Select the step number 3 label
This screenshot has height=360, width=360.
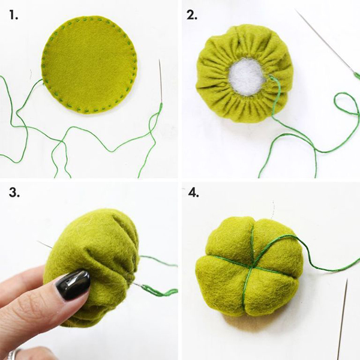13,194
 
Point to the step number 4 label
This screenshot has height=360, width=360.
192,194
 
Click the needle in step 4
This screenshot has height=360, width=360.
343,318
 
